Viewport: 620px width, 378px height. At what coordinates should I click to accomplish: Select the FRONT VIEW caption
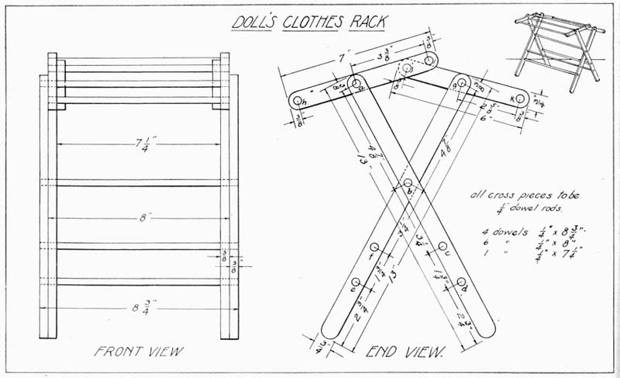click(139, 352)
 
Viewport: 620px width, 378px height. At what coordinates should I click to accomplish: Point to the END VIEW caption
click(404, 352)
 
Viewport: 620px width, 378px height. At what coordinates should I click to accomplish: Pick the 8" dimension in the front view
click(143, 218)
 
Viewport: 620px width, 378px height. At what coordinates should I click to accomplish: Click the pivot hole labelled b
click(408, 183)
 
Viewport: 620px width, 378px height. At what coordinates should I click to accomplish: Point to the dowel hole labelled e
click(356, 283)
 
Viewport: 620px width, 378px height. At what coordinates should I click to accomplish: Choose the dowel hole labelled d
click(461, 282)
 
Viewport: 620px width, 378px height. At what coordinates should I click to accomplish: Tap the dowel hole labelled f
click(374, 248)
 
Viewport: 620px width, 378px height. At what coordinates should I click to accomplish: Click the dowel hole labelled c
click(443, 247)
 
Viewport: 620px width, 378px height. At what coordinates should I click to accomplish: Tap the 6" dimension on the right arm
click(485, 119)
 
